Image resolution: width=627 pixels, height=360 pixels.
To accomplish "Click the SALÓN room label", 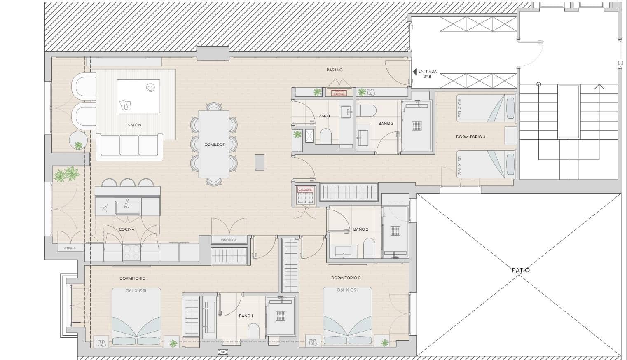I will click(x=134, y=125).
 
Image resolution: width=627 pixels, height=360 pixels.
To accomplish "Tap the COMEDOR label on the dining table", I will click(x=215, y=145).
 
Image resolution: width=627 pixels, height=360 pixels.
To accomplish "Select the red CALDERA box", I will click(x=305, y=190).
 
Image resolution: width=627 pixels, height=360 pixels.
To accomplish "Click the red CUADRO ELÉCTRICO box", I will click(x=339, y=93).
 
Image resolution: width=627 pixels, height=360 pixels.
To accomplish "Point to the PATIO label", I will click(x=520, y=271).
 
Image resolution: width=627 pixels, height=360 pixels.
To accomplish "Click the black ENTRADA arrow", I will click(x=414, y=72).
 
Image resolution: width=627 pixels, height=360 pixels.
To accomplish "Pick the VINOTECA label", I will click(x=229, y=240).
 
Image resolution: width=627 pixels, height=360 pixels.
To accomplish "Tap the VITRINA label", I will click(x=70, y=248).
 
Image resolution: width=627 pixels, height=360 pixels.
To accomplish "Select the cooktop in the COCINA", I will click(x=132, y=252).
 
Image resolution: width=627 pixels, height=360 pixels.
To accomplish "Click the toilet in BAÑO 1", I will click(x=254, y=330).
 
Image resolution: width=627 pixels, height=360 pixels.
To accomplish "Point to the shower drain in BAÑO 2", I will click(x=395, y=231).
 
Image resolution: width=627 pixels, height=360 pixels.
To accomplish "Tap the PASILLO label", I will click(x=335, y=70).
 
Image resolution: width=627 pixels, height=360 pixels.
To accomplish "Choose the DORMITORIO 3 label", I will click(x=470, y=136).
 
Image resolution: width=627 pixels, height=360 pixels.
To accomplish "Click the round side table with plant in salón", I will click(x=78, y=140).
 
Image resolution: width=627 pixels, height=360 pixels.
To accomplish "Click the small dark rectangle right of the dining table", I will click(x=259, y=162).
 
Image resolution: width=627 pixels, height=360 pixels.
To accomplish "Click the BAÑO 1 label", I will click(x=246, y=316).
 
